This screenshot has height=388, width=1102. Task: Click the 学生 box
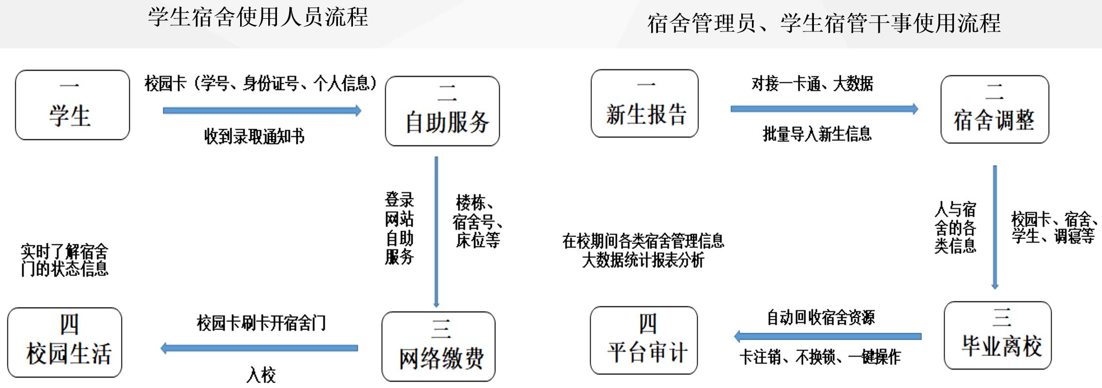73,105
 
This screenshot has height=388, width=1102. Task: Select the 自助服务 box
443,111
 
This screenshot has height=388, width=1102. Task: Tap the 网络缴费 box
439,346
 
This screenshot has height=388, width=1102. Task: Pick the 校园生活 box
65,343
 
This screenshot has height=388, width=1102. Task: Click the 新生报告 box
645,104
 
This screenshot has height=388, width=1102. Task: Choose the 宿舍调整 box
995,109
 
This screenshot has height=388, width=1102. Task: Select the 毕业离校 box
998,335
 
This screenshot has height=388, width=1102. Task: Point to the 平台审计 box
644,340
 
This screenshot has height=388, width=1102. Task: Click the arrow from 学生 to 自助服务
262,111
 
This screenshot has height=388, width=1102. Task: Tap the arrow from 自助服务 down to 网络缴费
436,232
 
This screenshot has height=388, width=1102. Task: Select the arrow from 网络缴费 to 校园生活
259,348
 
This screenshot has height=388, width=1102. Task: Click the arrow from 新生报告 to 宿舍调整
825,109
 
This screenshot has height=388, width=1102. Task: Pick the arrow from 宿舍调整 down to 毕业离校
995,227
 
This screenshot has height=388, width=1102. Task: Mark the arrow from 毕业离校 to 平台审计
828,336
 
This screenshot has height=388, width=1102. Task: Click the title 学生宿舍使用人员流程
258,17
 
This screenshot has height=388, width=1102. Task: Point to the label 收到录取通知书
254,137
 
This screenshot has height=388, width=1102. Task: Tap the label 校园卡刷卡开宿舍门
261,323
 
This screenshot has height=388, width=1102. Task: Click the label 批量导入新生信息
817,134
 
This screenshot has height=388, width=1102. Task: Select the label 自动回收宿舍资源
821,317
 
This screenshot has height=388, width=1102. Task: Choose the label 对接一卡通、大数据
812,84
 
